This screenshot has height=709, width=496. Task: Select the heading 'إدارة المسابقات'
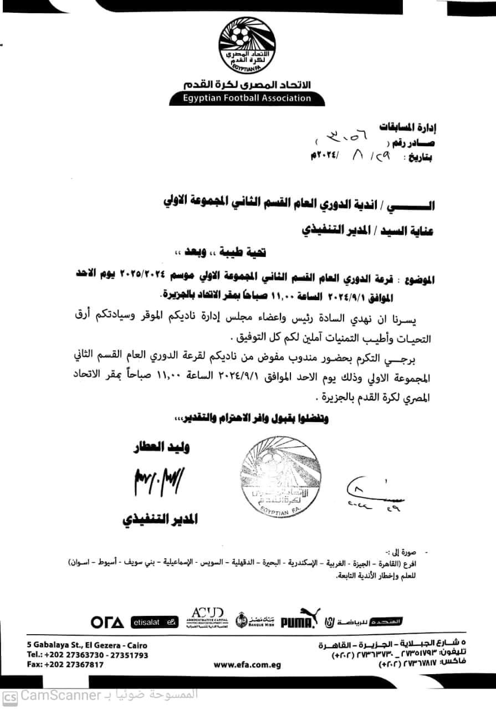(409, 127)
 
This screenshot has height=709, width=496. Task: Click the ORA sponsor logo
(108, 622)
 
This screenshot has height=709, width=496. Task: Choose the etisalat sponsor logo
(155, 622)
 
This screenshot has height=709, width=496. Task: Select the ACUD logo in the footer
(206, 618)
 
